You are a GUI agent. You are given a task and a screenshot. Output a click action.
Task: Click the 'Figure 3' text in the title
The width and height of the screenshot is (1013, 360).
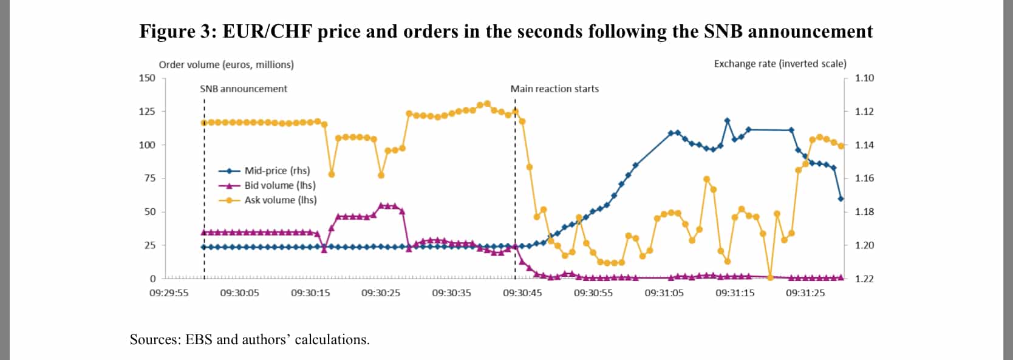pyautogui.click(x=176, y=32)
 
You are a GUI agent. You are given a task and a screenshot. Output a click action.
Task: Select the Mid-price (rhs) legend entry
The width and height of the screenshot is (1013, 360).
pyautogui.click(x=277, y=171)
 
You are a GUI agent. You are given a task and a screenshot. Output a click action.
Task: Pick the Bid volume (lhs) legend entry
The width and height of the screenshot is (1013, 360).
pyautogui.click(x=280, y=185)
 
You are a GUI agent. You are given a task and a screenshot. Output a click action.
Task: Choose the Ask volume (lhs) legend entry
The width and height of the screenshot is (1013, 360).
pyautogui.click(x=281, y=200)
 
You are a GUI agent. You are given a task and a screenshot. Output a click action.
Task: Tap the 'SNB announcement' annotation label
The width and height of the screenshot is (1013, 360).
pyautogui.click(x=244, y=89)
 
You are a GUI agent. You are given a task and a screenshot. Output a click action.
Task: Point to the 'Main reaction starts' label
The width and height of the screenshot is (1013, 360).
pyautogui.click(x=554, y=89)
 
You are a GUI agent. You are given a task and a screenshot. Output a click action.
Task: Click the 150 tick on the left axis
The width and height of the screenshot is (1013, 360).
pyautogui.click(x=148, y=78)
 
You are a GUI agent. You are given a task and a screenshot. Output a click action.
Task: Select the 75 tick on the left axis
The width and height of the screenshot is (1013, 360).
pyautogui.click(x=149, y=178)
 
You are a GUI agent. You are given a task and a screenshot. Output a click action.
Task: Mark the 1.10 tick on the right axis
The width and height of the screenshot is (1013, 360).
pyautogui.click(x=864, y=78)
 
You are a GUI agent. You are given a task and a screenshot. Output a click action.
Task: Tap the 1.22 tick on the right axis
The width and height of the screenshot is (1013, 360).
pyautogui.click(x=864, y=279)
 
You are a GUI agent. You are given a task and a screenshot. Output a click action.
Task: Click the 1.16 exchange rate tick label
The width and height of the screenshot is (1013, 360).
pyautogui.click(x=864, y=178)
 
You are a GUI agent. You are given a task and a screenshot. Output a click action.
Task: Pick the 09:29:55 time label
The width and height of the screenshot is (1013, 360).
pyautogui.click(x=169, y=293)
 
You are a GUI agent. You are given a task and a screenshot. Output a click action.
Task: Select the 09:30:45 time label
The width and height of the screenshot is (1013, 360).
pyautogui.click(x=522, y=293)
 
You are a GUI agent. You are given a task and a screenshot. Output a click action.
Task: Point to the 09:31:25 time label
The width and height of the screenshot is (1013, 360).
pyautogui.click(x=805, y=293)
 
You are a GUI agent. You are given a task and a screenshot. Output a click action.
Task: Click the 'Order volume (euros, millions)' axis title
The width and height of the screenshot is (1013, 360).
pyautogui.click(x=226, y=64)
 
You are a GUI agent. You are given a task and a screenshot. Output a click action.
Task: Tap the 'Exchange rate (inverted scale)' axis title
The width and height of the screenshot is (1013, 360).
pyautogui.click(x=780, y=64)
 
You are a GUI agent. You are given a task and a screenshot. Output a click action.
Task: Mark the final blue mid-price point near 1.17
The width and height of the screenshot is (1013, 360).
pyautogui.click(x=841, y=199)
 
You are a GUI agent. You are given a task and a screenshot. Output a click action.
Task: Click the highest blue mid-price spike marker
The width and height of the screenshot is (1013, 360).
pyautogui.click(x=728, y=121)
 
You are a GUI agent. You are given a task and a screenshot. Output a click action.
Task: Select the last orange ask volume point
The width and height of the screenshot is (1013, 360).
pyautogui.click(x=841, y=146)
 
